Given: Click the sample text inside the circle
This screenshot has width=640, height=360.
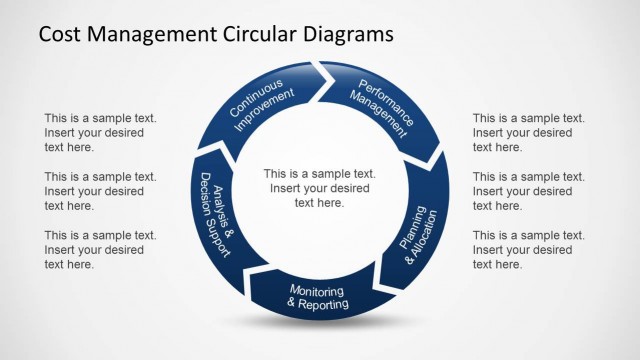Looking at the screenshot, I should pos(319,187).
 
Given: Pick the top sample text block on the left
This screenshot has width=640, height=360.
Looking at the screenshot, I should pos(100,132).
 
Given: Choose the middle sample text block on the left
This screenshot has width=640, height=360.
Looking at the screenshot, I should pos(100,191).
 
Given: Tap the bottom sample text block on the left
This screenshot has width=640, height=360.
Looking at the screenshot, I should pos(100,249).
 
